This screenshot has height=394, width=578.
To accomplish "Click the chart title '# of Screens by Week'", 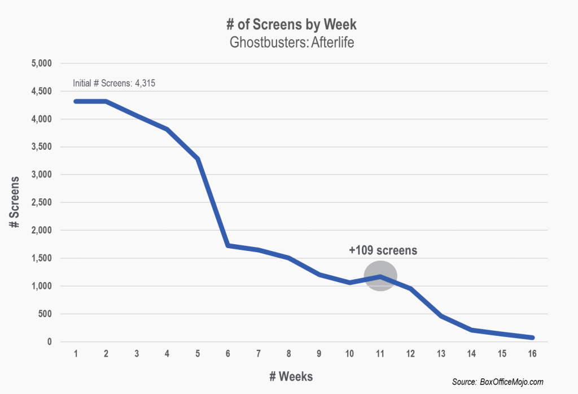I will pyautogui.click(x=288, y=26).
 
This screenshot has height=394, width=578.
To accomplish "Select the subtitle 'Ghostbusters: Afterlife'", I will pyautogui.click(x=288, y=43).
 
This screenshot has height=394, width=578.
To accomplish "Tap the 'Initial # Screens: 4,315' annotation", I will pyautogui.click(x=114, y=84).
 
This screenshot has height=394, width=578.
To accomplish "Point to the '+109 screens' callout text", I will pyautogui.click(x=383, y=249).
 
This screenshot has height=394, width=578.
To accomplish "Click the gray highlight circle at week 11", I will pyautogui.click(x=380, y=276).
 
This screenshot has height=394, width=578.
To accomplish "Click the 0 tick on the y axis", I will pyautogui.click(x=49, y=342).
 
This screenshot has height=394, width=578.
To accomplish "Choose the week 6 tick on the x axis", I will pyautogui.click(x=227, y=354).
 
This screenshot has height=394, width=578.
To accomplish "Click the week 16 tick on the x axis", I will pyautogui.click(x=532, y=354).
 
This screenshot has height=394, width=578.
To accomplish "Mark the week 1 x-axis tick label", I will pyautogui.click(x=75, y=354).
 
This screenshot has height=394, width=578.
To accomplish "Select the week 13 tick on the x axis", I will pyautogui.click(x=441, y=354).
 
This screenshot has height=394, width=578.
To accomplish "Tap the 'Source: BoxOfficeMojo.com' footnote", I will pyautogui.click(x=498, y=383).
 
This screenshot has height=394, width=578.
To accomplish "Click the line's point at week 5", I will pyautogui.click(x=198, y=159).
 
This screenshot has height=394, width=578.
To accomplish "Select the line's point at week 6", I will pyautogui.click(x=227, y=245).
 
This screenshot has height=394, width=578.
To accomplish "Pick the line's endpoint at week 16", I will pyautogui.click(x=532, y=337).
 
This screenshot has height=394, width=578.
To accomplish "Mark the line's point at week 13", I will pyautogui.click(x=441, y=316).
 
